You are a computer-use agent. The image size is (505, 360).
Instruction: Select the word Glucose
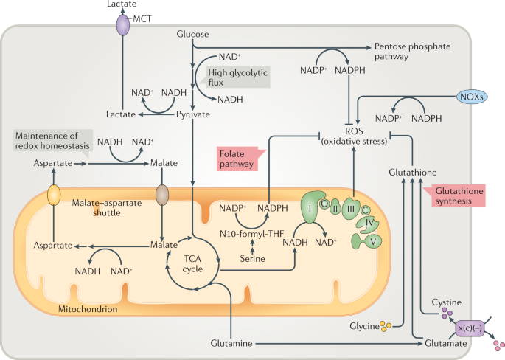point(193,35)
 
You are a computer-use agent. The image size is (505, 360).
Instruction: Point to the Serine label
point(253,260)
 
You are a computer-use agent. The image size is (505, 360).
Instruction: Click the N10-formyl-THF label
point(253,235)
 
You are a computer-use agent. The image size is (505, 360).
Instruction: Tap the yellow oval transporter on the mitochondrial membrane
point(55,196)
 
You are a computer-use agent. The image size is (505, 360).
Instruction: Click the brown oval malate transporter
point(162,195)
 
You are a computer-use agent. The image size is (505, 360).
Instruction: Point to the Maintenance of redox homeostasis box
point(49,141)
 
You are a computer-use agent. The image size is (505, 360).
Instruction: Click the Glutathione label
point(413,172)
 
